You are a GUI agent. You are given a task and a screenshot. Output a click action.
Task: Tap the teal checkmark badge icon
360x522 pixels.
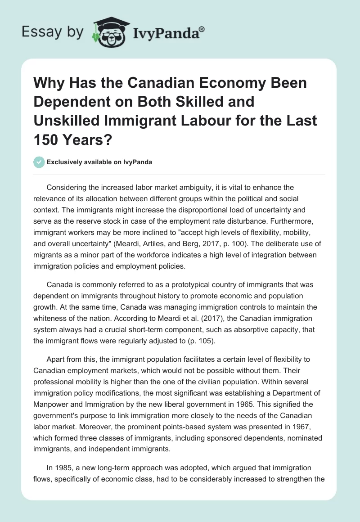click(40, 162)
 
